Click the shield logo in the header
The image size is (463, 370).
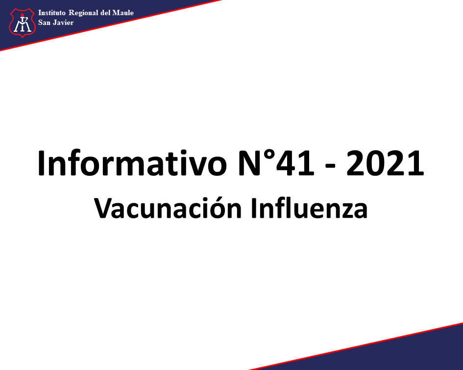23,23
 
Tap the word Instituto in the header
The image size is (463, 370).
51,13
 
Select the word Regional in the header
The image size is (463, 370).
84,13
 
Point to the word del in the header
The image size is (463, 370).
105,13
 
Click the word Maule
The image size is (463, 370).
123,13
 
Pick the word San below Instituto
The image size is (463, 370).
44,23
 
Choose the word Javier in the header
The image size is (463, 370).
63,23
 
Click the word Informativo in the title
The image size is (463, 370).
132,163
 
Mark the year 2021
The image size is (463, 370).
385,163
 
